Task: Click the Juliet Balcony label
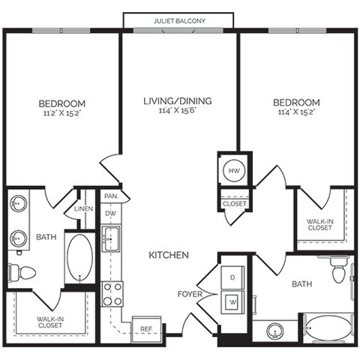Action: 179,21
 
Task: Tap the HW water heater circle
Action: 234,170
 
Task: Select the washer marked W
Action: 232,302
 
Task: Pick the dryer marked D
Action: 232,277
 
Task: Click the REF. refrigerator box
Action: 146,329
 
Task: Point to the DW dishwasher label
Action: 110,214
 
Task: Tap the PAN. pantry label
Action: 111,196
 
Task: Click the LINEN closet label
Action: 84,208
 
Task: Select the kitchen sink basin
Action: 111,238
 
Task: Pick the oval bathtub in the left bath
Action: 80,258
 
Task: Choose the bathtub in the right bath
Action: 328,328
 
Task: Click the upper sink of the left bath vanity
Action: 18,203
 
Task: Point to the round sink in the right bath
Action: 275,331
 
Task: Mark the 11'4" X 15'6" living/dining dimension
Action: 178,110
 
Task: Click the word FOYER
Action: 190,294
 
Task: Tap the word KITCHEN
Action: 169,255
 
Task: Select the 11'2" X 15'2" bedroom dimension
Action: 62,113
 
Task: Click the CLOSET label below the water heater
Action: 235,204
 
